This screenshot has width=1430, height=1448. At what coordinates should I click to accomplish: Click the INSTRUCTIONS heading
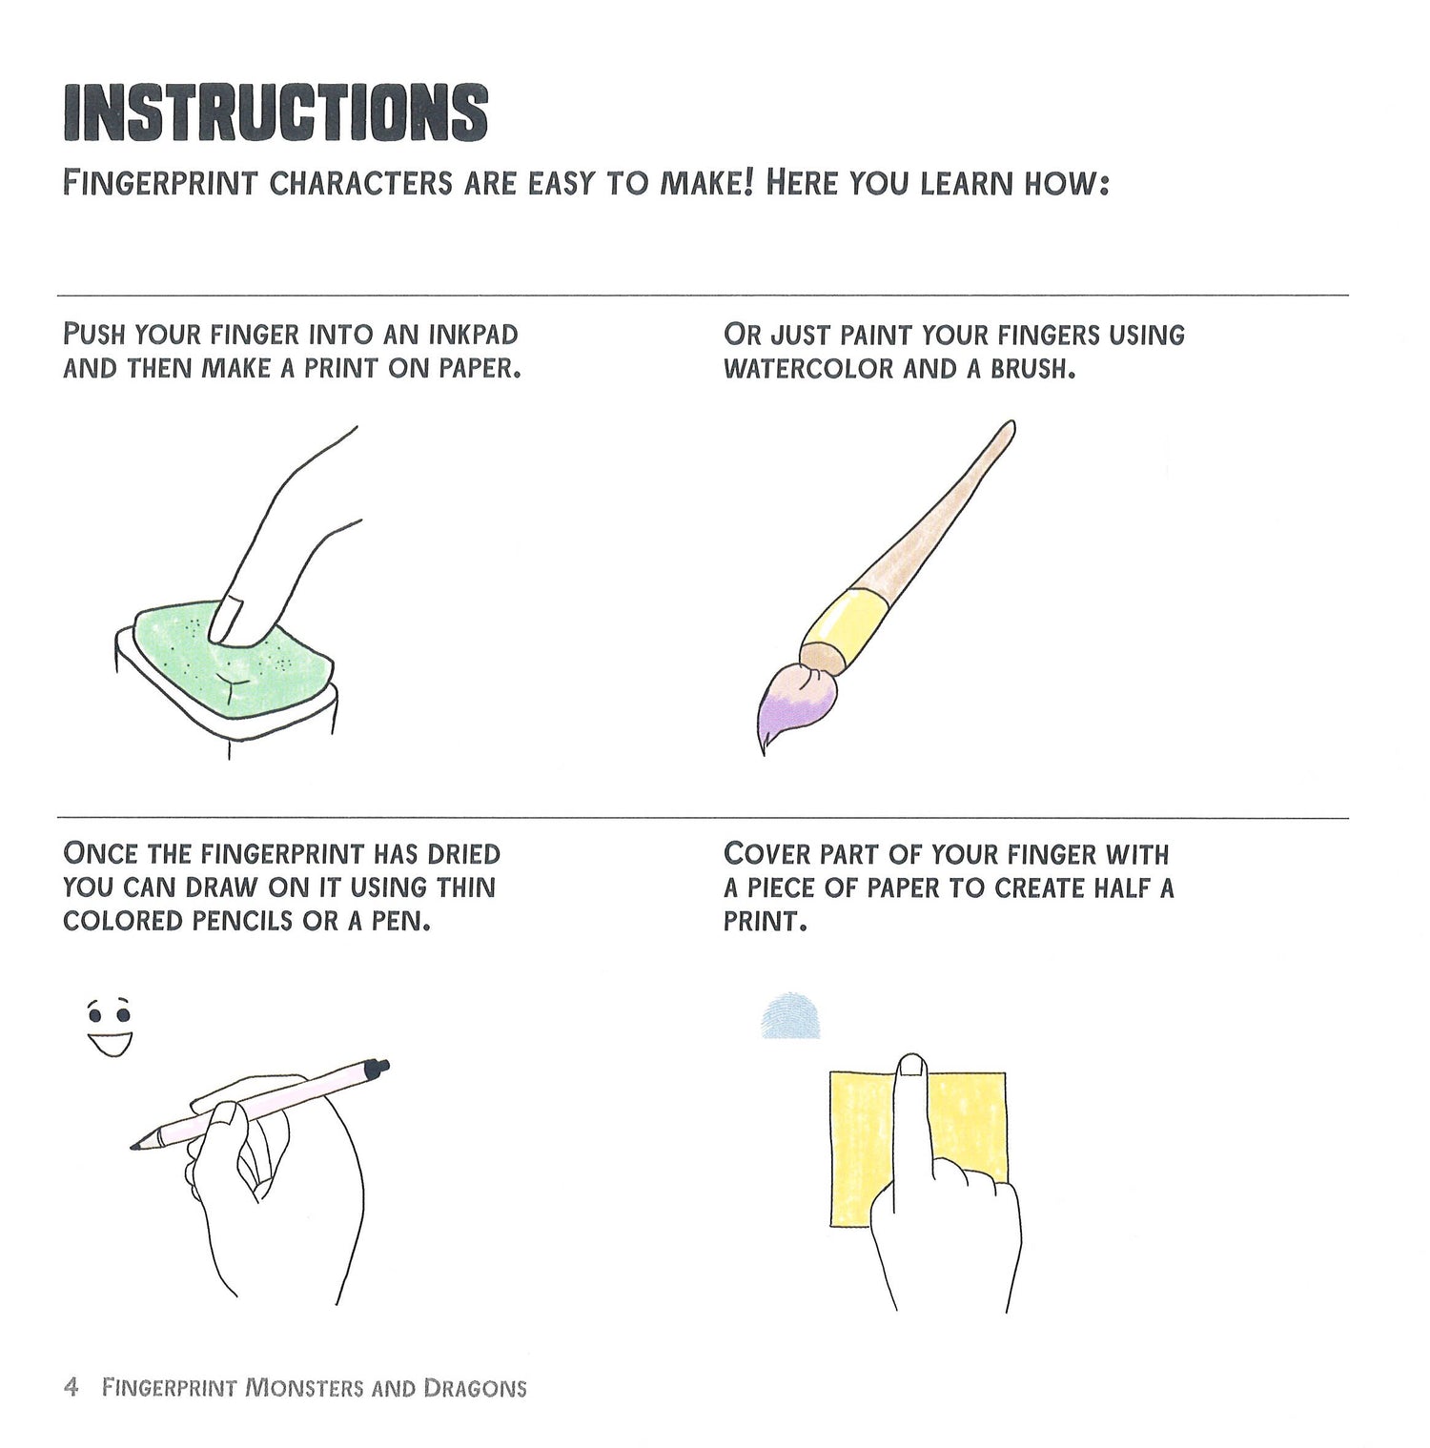(x=276, y=112)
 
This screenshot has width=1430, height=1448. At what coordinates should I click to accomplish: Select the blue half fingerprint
(x=792, y=1016)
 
